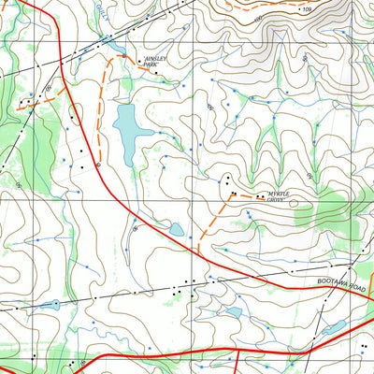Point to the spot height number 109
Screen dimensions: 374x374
(306, 8)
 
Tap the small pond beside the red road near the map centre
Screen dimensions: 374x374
(176, 229)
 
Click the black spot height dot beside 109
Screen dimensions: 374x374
(296, 8)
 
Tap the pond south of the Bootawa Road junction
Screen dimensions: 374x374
(234, 312)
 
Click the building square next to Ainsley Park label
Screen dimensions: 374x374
(141, 63)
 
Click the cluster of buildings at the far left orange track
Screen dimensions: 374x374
(28, 100)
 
